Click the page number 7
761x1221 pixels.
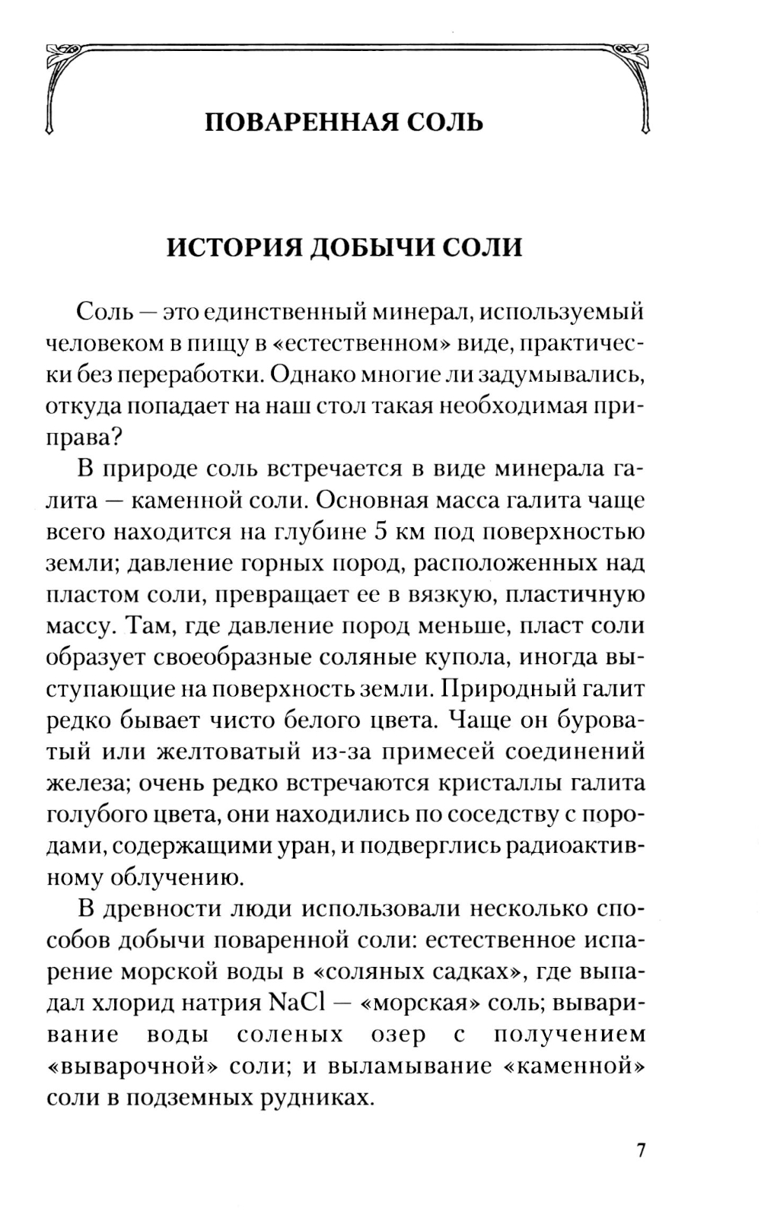pyautogui.click(x=641, y=1149)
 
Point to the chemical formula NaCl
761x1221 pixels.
pyautogui.click(x=297, y=1002)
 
